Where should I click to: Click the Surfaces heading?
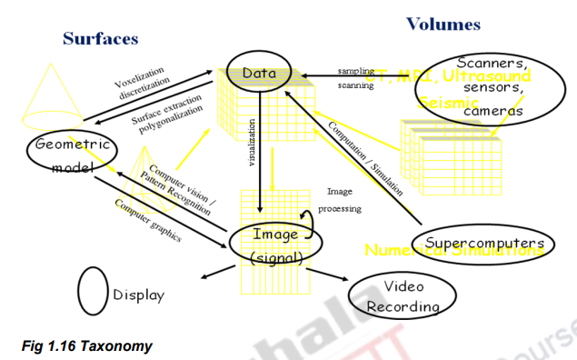(x=100, y=38)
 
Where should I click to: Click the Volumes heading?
(x=443, y=24)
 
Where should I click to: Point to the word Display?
(x=139, y=295)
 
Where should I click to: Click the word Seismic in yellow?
(x=448, y=105)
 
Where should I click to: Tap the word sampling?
(x=355, y=70)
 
